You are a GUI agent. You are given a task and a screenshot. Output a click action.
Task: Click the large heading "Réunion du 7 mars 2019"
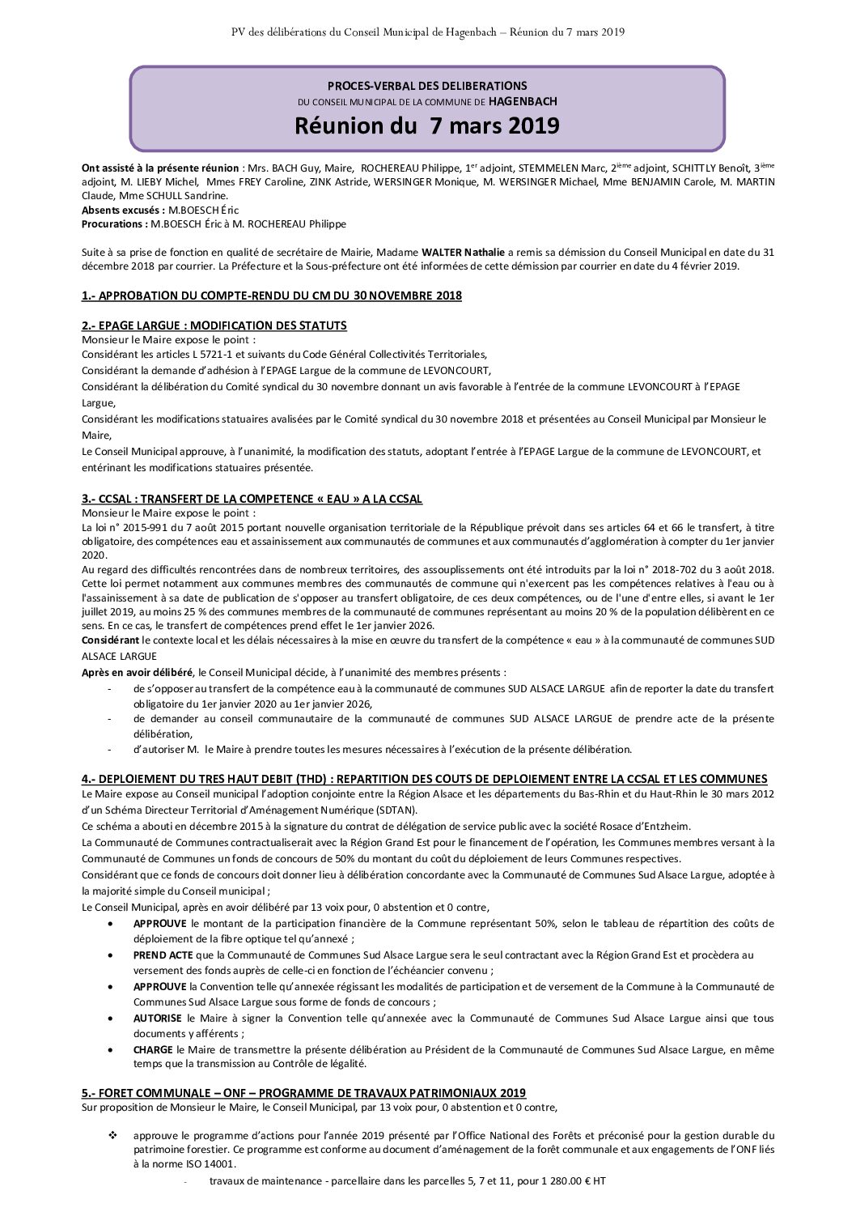tap(426, 126)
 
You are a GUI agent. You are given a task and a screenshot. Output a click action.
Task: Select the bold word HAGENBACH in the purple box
tap(523, 102)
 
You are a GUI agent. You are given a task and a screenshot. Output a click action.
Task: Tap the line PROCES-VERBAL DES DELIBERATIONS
tap(426, 86)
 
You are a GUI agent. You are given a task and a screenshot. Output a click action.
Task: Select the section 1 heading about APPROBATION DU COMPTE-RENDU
tap(271, 296)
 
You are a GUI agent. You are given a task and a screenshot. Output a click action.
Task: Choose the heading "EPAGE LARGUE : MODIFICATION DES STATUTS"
tap(214, 325)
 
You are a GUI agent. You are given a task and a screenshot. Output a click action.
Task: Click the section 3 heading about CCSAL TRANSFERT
tap(252, 499)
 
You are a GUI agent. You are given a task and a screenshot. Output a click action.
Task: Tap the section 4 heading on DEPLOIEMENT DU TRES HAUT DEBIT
tap(424, 779)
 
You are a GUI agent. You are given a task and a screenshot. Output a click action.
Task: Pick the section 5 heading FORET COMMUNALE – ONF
tap(303, 1093)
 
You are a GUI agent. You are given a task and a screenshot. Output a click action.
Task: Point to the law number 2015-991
tap(130, 528)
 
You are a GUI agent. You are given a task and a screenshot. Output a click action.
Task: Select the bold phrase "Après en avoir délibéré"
tap(137, 673)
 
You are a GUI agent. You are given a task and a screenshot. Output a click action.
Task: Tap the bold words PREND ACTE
tap(163, 955)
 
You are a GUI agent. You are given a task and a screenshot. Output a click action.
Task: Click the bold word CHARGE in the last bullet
tap(153, 1050)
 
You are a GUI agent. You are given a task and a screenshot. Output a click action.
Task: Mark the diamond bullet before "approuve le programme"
tap(112, 1136)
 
